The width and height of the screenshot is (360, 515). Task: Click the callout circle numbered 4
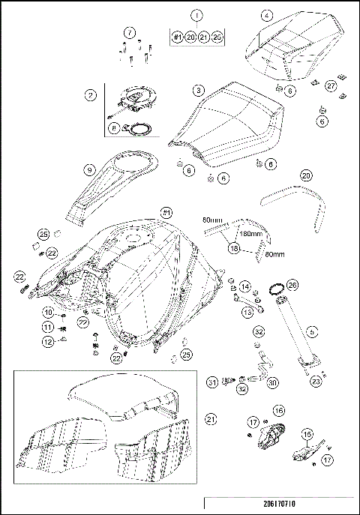pyautogui.click(x=267, y=13)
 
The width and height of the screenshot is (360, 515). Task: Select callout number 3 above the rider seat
pyautogui.click(x=198, y=89)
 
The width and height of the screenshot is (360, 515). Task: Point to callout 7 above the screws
pyautogui.click(x=130, y=32)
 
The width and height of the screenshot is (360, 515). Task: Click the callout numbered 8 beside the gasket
pyautogui.click(x=113, y=128)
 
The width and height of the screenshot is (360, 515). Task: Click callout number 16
pyautogui.click(x=277, y=411)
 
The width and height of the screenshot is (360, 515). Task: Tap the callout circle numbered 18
pyautogui.click(x=234, y=247)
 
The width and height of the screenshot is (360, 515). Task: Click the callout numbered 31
pyautogui.click(x=213, y=382)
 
